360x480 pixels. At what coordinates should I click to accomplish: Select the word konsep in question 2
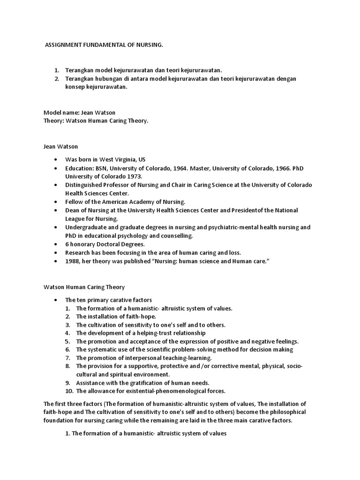tap(76, 87)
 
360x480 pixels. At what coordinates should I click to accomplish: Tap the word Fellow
tap(75, 202)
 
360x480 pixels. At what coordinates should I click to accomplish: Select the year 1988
tap(73, 261)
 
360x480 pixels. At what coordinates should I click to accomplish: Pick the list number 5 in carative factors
tap(67, 341)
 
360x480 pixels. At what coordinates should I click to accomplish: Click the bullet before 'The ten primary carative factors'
tap(56, 300)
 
